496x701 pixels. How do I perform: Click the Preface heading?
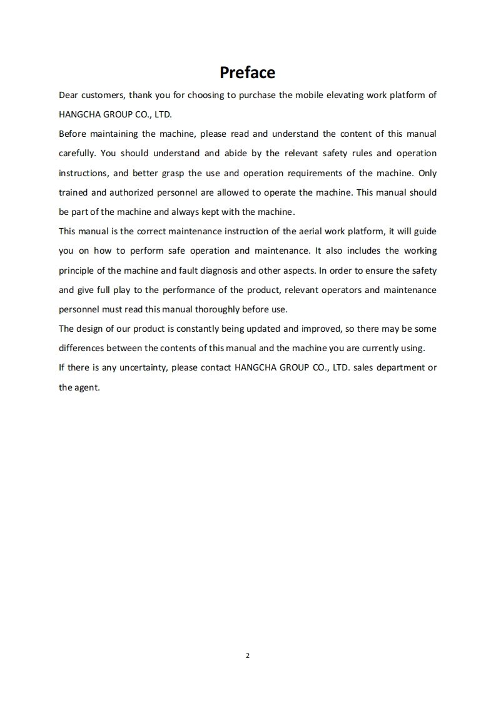click(247, 72)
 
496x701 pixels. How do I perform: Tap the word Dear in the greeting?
click(69, 95)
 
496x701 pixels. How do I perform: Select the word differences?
click(81, 348)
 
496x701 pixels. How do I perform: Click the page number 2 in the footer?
click(248, 656)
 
